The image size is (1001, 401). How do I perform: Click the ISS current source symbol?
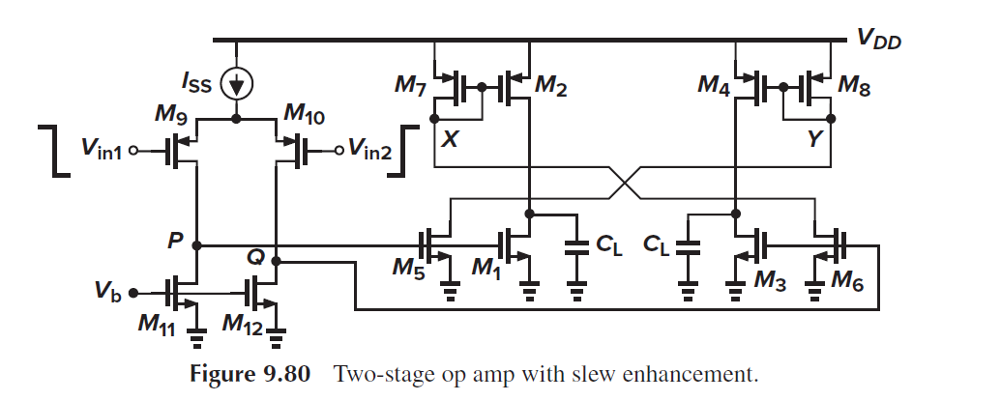click(236, 84)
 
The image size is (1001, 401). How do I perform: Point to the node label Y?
click(814, 140)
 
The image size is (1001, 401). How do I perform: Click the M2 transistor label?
click(551, 87)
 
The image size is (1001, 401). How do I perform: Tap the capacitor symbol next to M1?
click(576, 246)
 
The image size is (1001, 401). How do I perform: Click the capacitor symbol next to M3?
click(688, 246)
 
